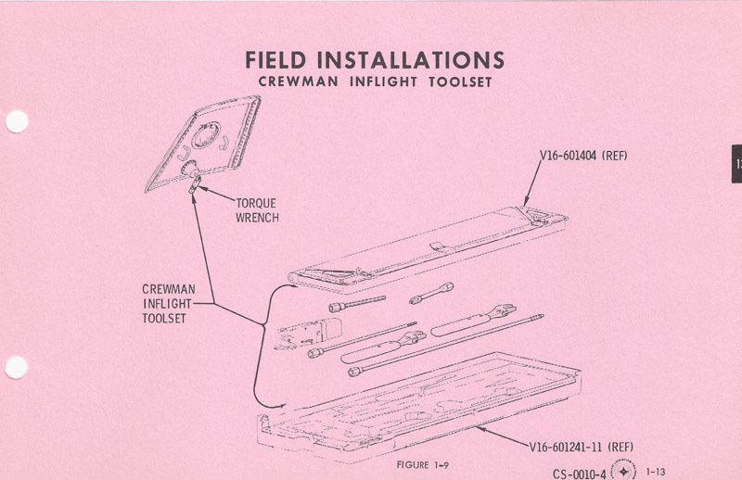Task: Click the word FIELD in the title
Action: (275, 60)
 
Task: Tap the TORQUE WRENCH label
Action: (255, 210)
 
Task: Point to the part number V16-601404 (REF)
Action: (584, 156)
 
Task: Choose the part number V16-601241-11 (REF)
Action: (582, 447)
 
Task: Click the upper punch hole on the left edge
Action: (16, 122)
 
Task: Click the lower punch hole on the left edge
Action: (16, 368)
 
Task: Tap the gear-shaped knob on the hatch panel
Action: (193, 171)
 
